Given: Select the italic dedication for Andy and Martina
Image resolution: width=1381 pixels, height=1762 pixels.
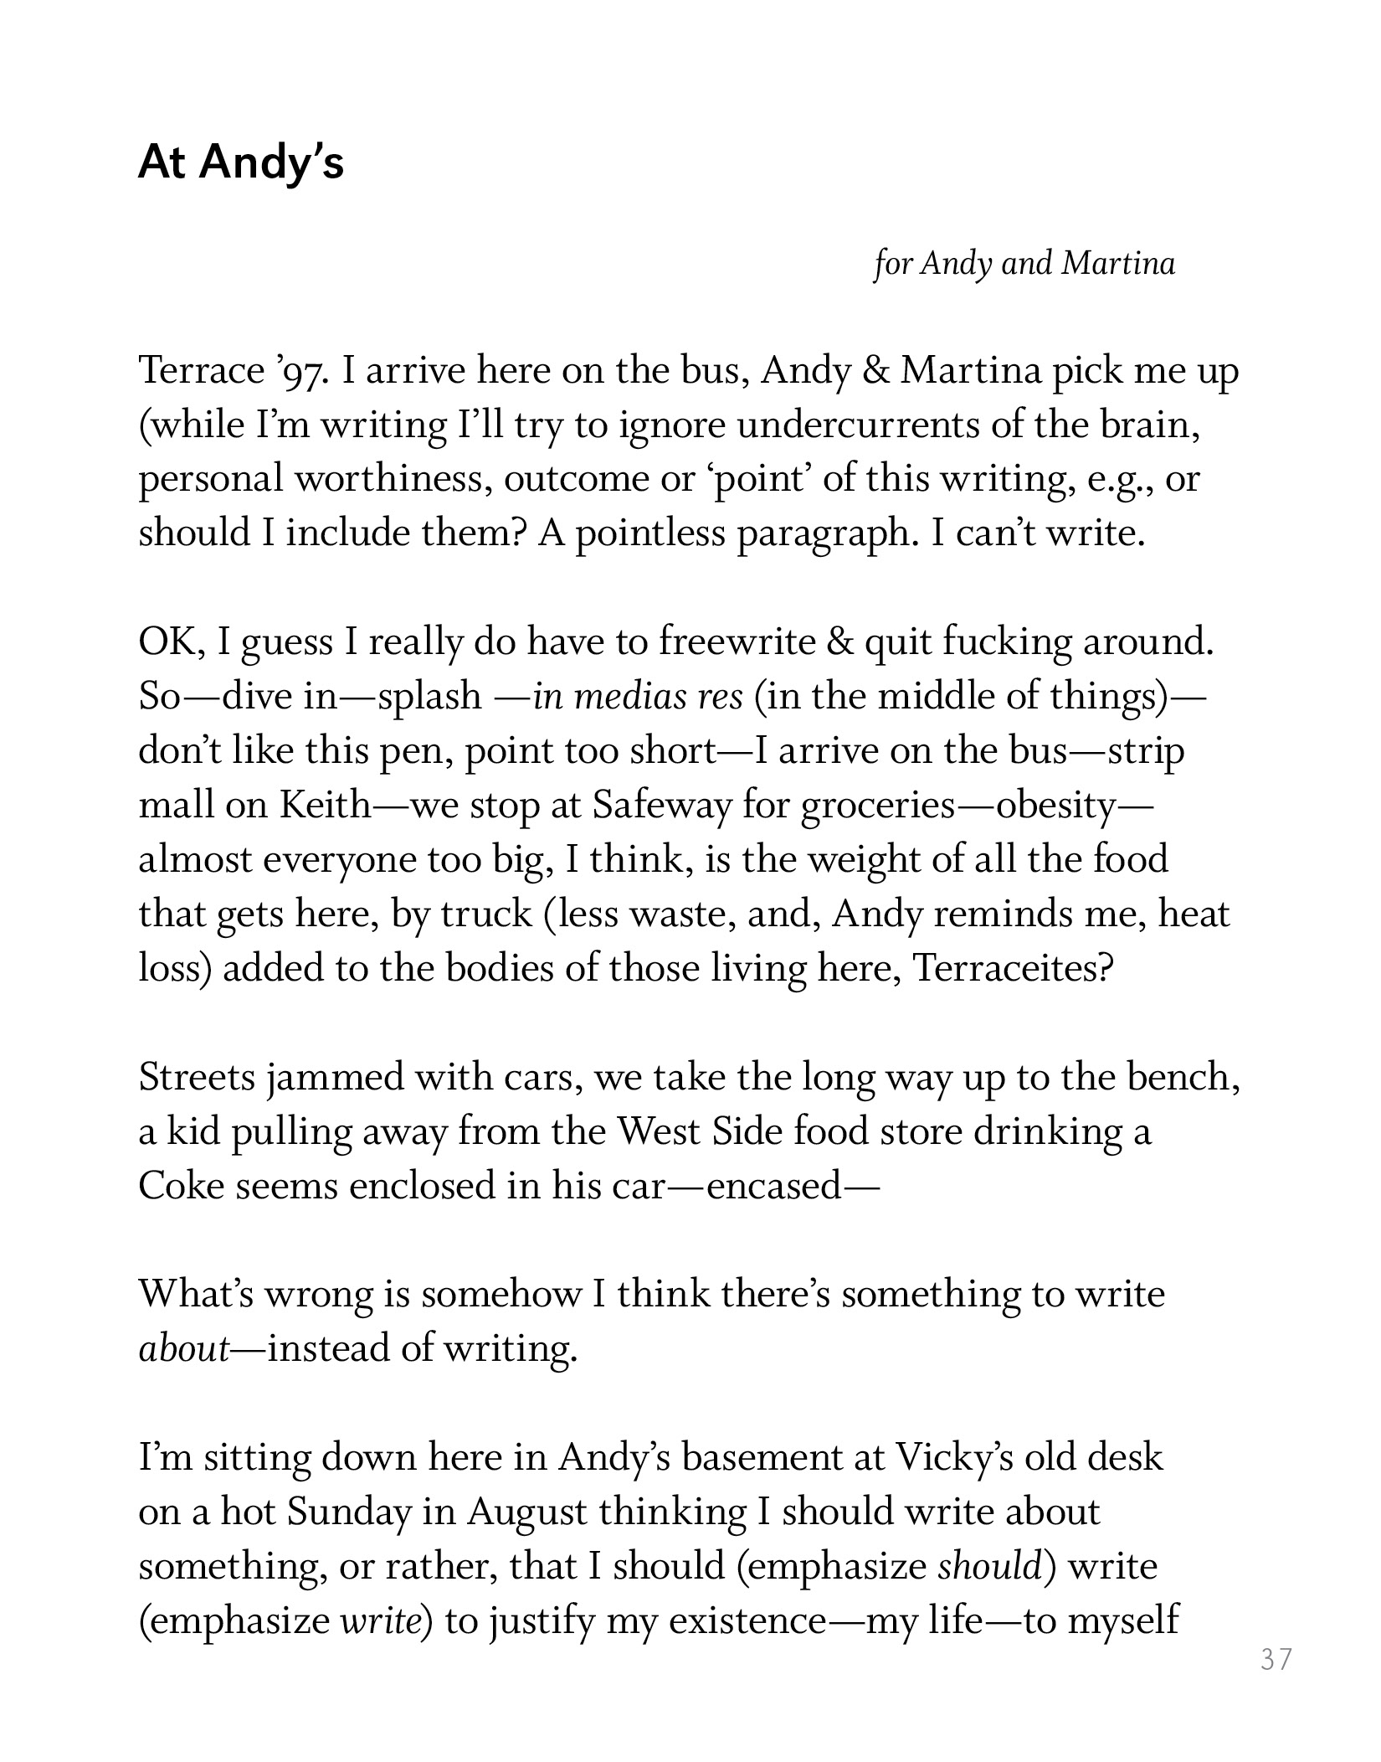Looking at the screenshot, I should (x=1024, y=264).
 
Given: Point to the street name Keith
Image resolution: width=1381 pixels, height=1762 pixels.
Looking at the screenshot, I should (x=325, y=806).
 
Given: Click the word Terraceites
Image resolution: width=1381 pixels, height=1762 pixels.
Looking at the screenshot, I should (x=1013, y=968).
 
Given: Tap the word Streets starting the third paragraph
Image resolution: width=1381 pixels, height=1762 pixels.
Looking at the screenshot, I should (x=197, y=1077).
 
